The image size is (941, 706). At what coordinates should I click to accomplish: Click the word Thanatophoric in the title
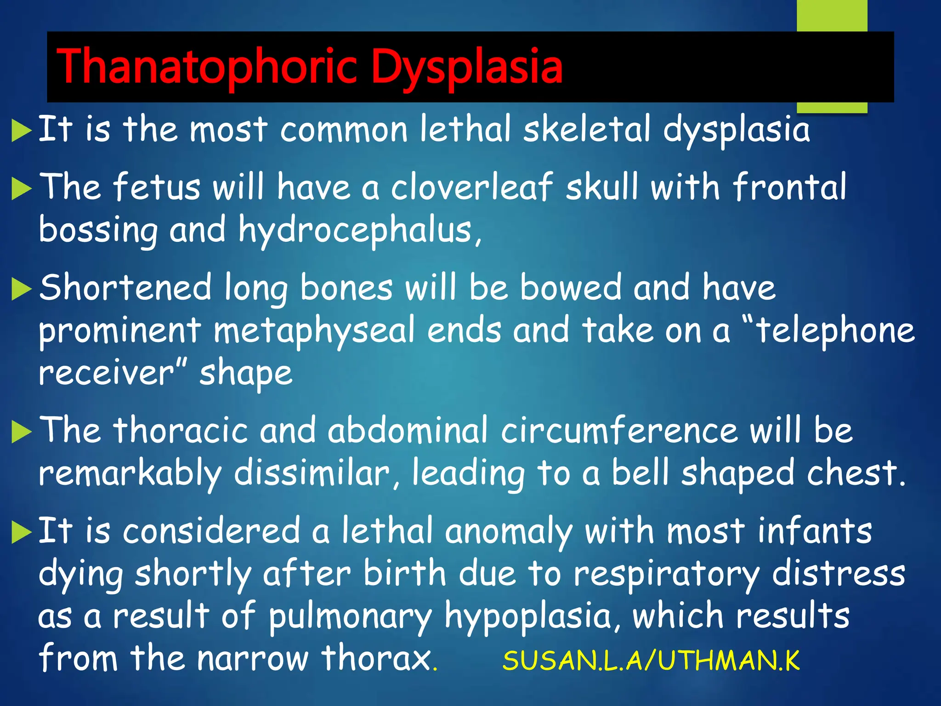pos(206,67)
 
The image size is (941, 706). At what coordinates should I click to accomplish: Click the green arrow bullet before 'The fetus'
pos(21,188)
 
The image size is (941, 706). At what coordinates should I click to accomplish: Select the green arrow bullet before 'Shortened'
pos(21,289)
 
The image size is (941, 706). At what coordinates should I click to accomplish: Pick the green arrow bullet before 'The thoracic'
pos(21,432)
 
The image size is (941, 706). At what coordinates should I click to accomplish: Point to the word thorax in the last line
pos(376,658)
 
